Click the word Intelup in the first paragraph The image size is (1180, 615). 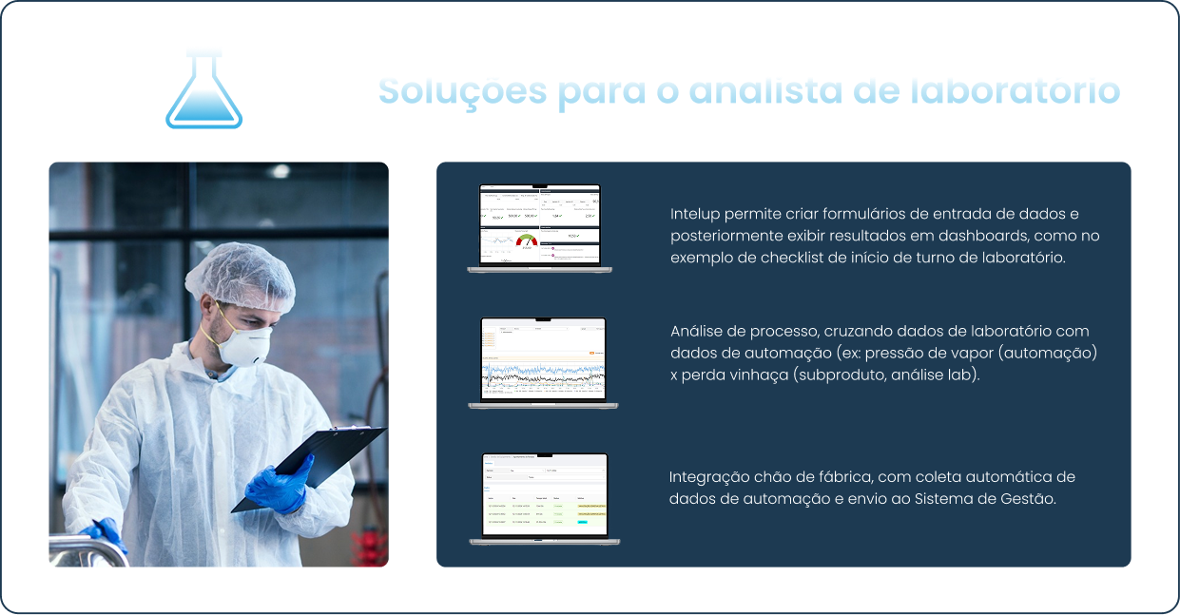point(695,214)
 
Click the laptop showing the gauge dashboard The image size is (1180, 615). point(539,228)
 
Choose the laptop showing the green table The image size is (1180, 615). point(544,498)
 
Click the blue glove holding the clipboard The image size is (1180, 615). point(277,484)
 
